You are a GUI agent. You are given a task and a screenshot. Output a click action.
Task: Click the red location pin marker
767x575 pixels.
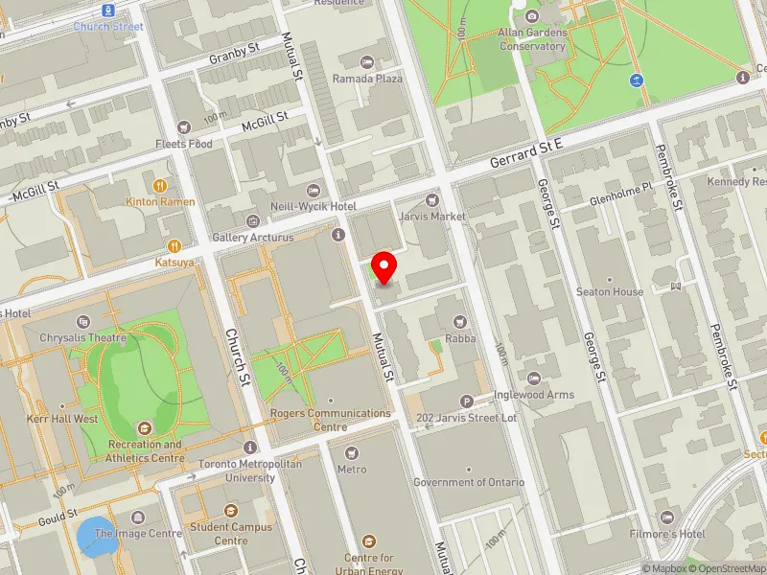[x=384, y=266]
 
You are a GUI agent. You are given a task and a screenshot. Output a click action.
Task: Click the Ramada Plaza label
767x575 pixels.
[x=367, y=79]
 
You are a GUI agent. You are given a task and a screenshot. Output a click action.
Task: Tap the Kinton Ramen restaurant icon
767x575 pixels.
[x=159, y=185]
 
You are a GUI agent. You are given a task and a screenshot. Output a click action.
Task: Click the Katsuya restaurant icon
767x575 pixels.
[x=174, y=244]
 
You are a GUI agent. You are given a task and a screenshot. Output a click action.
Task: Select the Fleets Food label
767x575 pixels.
[x=184, y=144]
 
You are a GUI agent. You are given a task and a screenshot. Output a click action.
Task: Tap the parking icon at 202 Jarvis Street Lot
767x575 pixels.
[x=467, y=402]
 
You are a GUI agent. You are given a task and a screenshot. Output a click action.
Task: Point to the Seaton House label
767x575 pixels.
[x=609, y=291]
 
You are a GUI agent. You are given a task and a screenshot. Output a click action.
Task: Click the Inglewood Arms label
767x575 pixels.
[x=533, y=394]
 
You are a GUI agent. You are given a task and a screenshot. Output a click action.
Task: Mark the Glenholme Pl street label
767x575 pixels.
[x=619, y=188]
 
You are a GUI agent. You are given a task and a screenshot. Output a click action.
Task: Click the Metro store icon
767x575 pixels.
[x=351, y=452]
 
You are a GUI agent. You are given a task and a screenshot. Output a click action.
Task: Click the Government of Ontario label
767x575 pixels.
[x=469, y=482]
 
